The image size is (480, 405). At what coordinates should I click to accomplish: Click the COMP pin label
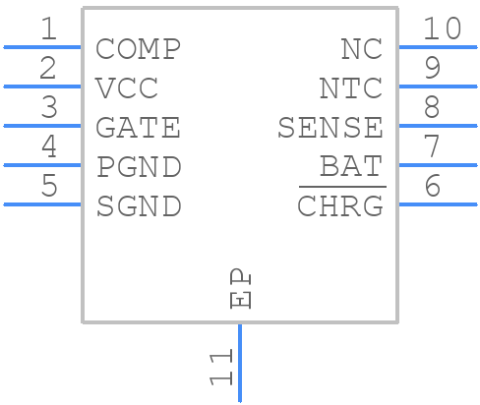(138, 48)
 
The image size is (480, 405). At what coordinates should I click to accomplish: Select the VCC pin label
(127, 87)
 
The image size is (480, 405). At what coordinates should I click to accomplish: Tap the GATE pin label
(138, 128)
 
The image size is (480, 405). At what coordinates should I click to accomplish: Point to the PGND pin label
(139, 167)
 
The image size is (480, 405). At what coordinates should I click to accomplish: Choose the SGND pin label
(139, 206)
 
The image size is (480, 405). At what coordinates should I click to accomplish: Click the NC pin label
(361, 48)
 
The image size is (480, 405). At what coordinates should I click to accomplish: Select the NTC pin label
(350, 87)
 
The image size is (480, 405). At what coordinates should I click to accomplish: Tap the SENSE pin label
(330, 128)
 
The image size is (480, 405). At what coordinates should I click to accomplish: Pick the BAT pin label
(350, 167)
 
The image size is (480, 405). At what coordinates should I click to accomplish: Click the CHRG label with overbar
(340, 206)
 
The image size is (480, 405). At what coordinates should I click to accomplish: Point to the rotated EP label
(240, 289)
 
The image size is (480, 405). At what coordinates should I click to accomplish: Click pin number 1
(48, 29)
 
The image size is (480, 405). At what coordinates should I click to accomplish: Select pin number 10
(442, 29)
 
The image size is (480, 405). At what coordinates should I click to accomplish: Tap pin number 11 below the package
(221, 367)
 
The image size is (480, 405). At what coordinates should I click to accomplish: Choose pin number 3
(48, 108)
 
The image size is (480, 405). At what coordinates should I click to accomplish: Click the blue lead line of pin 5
(43, 204)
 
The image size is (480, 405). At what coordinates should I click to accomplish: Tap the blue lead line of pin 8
(438, 126)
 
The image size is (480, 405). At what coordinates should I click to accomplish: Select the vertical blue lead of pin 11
(239, 364)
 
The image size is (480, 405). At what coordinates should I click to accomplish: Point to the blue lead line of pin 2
(43, 87)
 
